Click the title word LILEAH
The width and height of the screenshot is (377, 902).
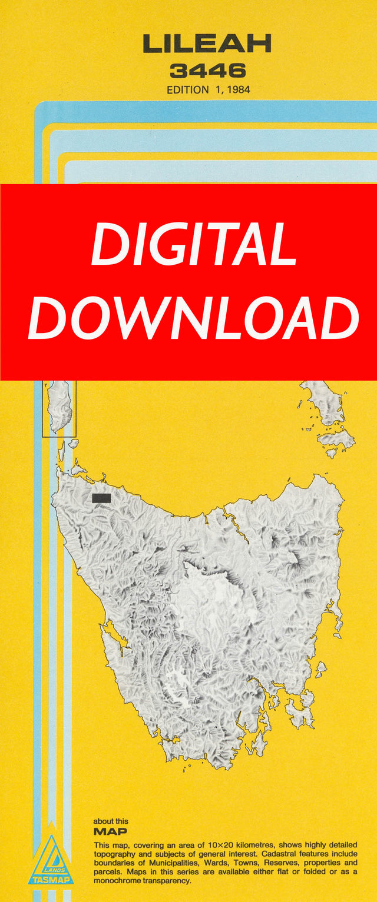(x=207, y=44)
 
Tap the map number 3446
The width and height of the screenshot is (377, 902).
(x=207, y=71)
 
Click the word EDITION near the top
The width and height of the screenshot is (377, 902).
(x=187, y=91)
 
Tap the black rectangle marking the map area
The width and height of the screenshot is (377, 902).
(x=101, y=498)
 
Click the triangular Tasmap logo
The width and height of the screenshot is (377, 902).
(x=52, y=859)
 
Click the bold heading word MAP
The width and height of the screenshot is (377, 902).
(x=110, y=832)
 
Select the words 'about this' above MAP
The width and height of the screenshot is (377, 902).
(x=110, y=821)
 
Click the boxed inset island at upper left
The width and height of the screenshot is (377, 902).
(x=59, y=406)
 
